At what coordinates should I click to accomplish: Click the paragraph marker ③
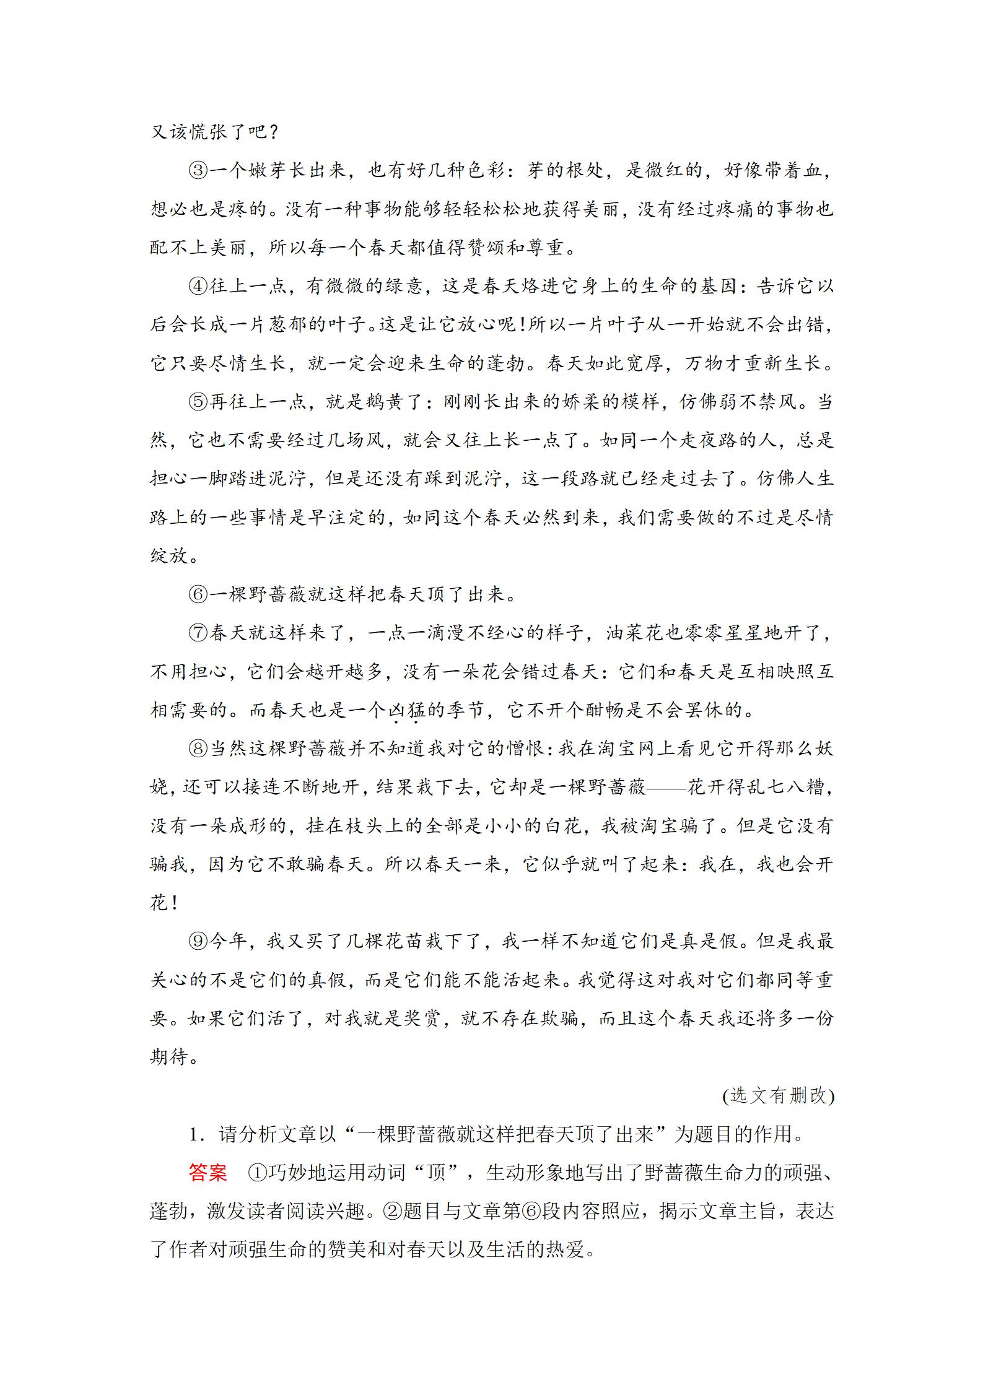click(198, 170)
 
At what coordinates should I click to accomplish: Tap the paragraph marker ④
click(198, 286)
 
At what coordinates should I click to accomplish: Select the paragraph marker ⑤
click(198, 402)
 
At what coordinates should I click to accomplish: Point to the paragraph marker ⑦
click(198, 633)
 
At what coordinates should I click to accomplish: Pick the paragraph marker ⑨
click(198, 942)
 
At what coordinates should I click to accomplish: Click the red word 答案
click(208, 1173)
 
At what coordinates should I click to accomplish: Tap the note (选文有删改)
click(778, 1095)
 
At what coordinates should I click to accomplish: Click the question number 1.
click(196, 1134)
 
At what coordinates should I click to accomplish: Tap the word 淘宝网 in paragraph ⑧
click(625, 749)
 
